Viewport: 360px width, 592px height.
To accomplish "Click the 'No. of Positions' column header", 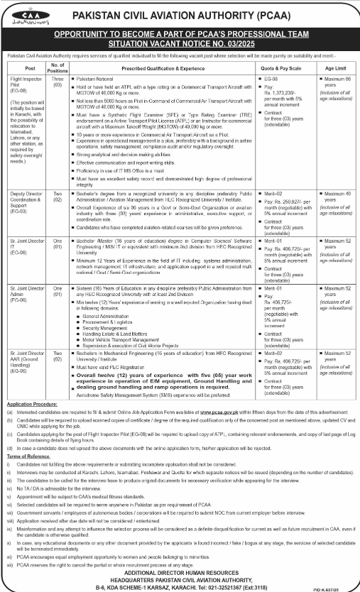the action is point(59,68).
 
